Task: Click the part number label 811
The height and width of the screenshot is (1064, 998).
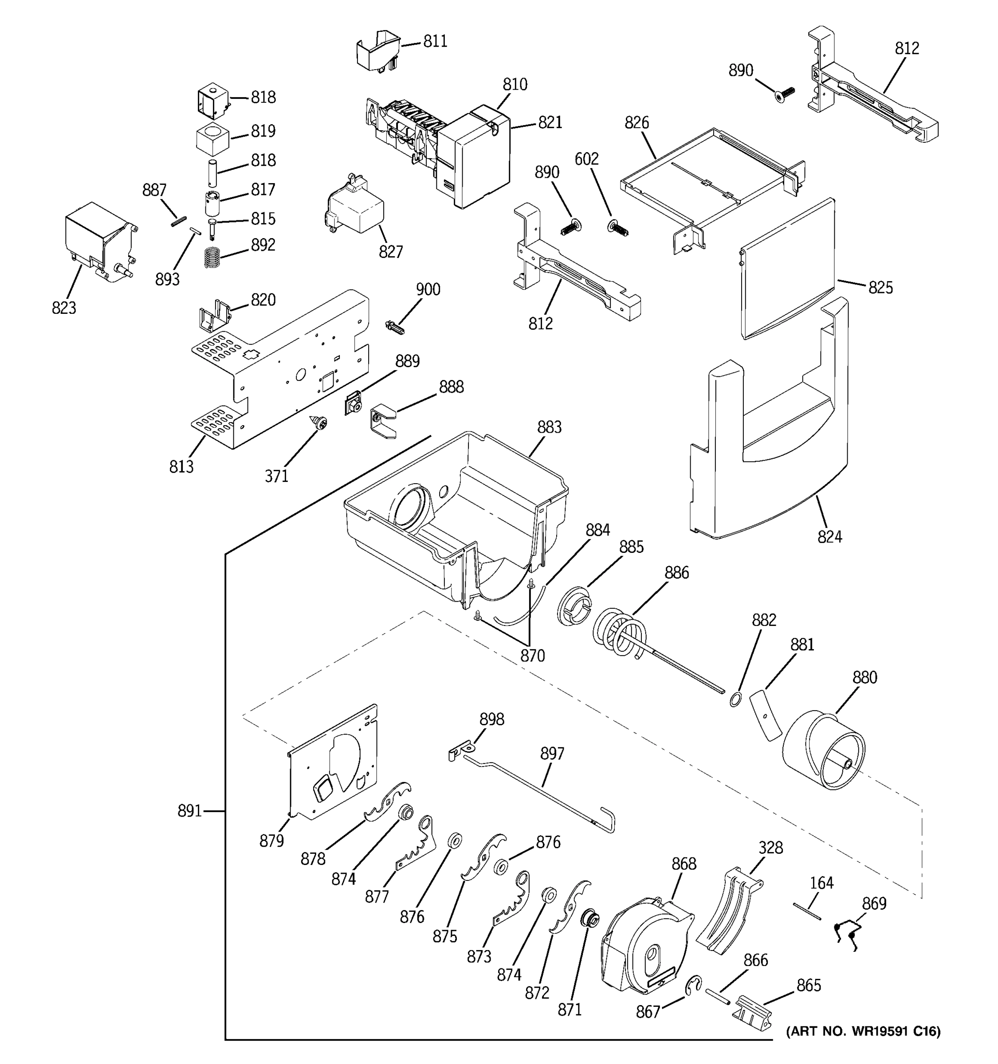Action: [435, 41]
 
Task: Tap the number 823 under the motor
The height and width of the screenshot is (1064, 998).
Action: [64, 308]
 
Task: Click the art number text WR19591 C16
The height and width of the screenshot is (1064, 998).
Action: [863, 1031]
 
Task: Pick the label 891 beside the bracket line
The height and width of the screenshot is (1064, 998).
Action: [189, 811]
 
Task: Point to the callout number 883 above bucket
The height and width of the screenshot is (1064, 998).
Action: [549, 427]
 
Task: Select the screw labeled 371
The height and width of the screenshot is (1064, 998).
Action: [321, 424]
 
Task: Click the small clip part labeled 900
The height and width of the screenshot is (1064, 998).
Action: [395, 326]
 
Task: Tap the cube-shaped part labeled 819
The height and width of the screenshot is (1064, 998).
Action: [212, 138]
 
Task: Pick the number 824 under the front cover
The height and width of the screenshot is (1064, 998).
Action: [829, 536]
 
